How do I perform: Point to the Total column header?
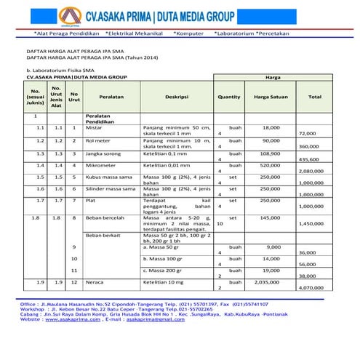click(314, 96)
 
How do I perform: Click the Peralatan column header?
click(111, 96)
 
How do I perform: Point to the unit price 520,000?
click(270, 167)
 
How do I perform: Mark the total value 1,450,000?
click(311, 224)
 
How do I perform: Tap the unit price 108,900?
click(270, 154)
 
